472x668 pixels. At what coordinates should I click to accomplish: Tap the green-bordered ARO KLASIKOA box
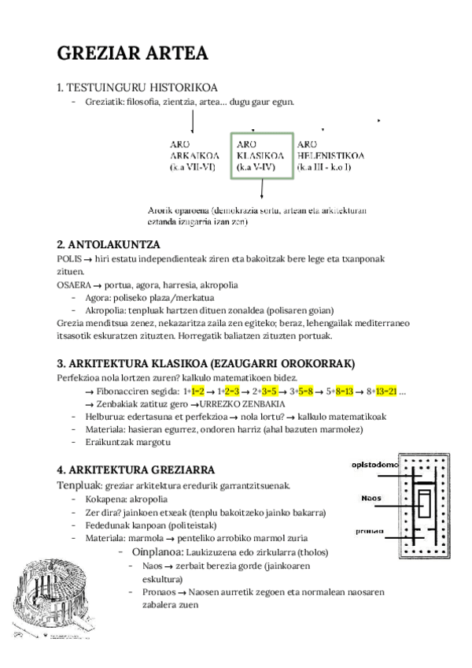260,156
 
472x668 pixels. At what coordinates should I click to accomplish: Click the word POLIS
69,259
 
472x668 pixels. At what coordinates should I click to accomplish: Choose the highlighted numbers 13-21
385,391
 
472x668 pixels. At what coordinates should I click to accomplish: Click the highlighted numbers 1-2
197,391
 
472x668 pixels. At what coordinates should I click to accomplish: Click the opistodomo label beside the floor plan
374,465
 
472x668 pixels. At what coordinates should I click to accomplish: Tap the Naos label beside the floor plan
371,498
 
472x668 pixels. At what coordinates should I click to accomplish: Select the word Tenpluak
79,484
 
